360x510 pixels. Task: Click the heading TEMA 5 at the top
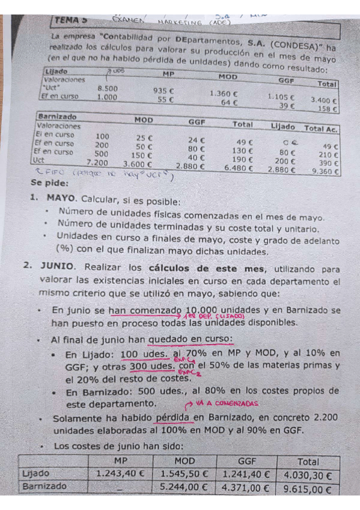pos(73,20)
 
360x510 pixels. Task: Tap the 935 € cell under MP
pos(163,91)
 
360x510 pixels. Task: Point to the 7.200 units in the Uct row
pos(97,162)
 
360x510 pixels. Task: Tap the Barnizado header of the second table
pos(57,117)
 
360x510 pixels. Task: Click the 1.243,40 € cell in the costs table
pos(120,474)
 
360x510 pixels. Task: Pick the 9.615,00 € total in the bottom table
pos(308,489)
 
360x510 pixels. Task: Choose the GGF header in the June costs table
pos(246,460)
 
